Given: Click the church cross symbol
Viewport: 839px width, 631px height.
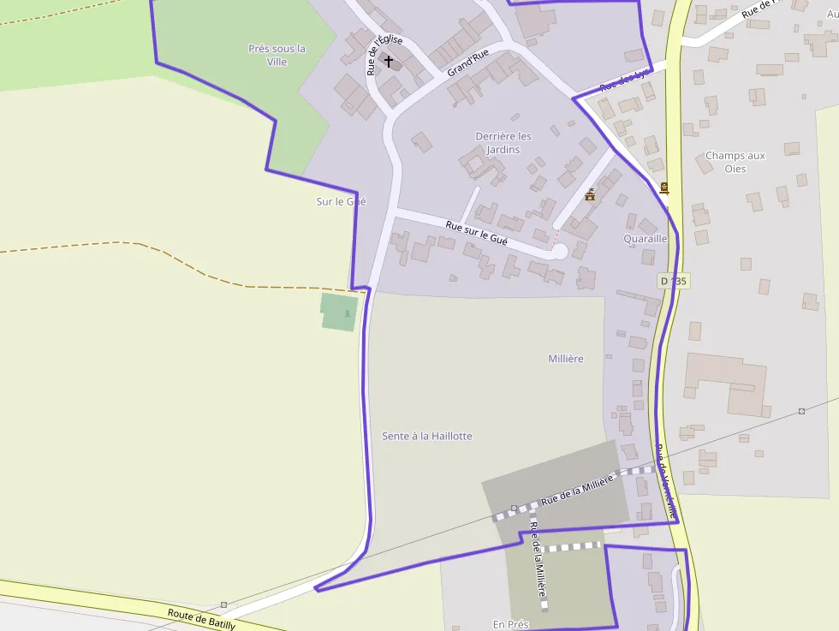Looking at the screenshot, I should (389, 62).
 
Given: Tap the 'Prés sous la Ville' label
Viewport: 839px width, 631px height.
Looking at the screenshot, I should (277, 56).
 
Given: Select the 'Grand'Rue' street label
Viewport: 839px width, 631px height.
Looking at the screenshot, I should (468, 63).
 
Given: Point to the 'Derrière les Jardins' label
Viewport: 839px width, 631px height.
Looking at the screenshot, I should (503, 143).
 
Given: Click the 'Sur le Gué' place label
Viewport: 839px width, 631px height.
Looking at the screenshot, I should (341, 201).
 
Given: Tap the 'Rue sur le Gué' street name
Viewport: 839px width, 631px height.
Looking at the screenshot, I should (477, 234).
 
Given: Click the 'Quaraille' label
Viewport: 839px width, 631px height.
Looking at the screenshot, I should (646, 239).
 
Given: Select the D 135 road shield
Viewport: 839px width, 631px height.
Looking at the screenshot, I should (674, 281).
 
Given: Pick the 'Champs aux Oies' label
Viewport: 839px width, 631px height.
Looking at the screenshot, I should (735, 162).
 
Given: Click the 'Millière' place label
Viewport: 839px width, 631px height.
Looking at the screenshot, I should (566, 359).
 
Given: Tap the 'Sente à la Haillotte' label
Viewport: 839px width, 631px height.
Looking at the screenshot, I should (426, 436).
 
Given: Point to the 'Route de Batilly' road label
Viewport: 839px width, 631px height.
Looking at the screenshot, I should (201, 620).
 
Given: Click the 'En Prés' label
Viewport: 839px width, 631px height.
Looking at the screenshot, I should (510, 624).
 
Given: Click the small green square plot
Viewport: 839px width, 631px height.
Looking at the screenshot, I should (339, 312).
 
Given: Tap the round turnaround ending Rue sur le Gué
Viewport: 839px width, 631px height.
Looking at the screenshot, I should (559, 251).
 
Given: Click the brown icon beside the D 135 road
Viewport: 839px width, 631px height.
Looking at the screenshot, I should (664, 188).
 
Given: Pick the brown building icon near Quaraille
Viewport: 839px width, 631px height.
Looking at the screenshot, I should (590, 195).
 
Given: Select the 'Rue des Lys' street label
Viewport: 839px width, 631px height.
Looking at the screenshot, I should (625, 81).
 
